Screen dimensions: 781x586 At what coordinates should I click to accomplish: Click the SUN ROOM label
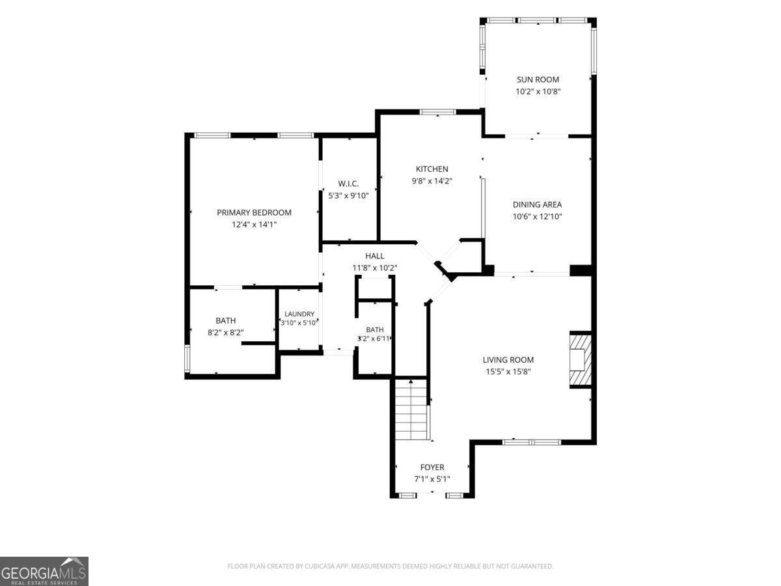pos(538,79)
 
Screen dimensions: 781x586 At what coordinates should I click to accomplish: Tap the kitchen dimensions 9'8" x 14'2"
pos(432,181)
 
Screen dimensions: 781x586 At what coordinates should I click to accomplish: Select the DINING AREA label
pos(537,204)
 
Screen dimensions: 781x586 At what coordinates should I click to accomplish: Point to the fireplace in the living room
pos(580,359)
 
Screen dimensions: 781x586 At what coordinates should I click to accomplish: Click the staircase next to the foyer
pos(411,410)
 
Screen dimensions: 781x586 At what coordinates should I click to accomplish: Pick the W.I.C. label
pos(348,184)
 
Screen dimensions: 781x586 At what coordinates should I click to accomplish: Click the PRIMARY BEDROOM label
pos(254,212)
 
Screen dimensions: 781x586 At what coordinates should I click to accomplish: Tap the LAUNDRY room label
pos(299,314)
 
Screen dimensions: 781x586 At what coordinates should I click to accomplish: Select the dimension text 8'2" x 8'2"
pos(226,332)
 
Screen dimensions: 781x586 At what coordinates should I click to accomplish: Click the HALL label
pos(375,256)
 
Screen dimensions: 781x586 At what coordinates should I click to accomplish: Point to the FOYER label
pos(432,467)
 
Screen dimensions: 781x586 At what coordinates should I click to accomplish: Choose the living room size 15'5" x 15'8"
pos(508,371)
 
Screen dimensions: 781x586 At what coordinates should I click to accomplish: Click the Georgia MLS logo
pos(44,571)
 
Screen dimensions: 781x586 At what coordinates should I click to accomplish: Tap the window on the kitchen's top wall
pos(437,112)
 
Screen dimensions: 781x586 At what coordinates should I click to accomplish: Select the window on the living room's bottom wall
pos(532,442)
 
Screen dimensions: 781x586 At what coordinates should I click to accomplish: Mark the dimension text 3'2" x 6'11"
pos(374,339)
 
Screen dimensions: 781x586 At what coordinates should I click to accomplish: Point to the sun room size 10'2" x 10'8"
pos(538,91)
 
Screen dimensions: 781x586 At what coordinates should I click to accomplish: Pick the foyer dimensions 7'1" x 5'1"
pos(432,479)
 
